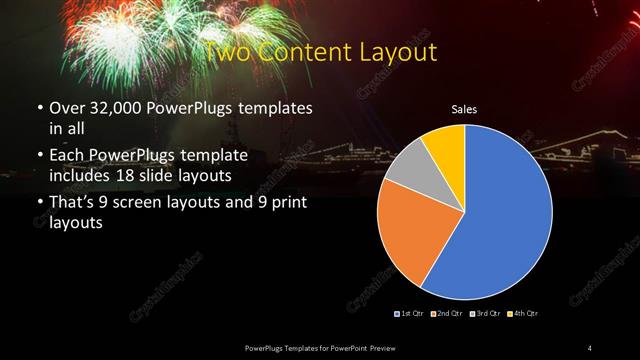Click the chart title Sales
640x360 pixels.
point(464,108)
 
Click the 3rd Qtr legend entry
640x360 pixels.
point(482,314)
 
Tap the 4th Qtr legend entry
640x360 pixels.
point(521,314)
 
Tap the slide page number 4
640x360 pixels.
point(590,347)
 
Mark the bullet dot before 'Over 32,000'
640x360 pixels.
point(38,108)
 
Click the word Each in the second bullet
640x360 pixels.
point(67,156)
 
